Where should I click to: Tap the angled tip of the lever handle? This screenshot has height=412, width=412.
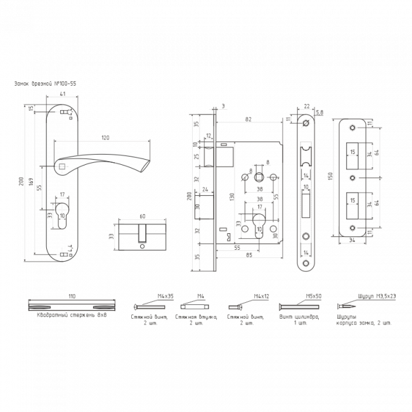click(147, 166)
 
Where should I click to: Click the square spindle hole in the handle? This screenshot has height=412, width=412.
click(62, 168)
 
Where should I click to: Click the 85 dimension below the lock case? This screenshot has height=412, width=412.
click(251, 255)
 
